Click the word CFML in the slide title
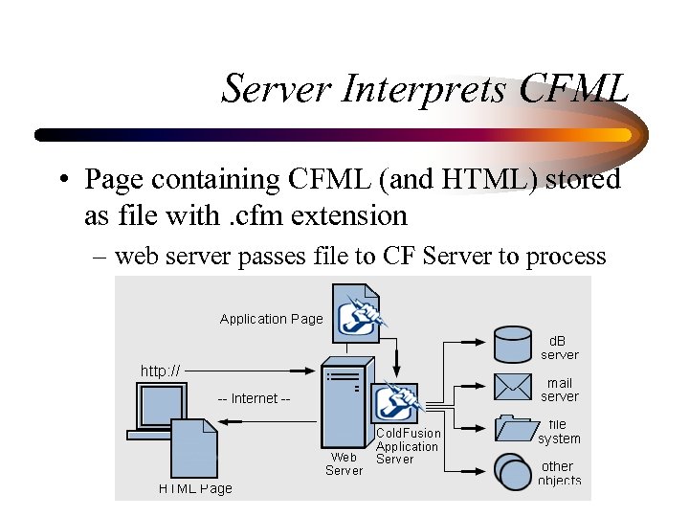coord(575,89)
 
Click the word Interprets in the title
coord(423,89)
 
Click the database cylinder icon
coord(513,345)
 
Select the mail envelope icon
coord(513,387)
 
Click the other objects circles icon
coord(513,471)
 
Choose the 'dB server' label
coord(559,348)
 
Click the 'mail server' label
coord(559,390)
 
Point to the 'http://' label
coord(160,371)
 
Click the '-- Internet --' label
coord(254,398)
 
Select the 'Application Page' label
coord(272,319)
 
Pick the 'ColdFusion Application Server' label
coord(408,446)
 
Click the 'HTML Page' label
coord(195,488)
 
